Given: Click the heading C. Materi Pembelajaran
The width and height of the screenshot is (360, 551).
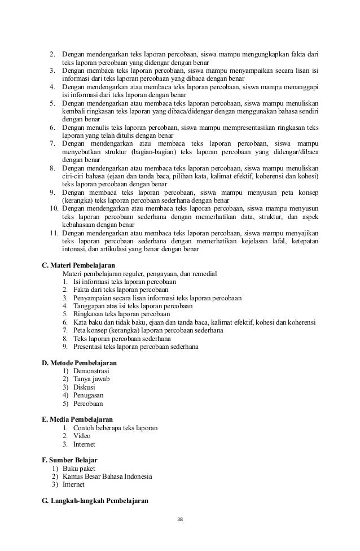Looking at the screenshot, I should coord(79,265).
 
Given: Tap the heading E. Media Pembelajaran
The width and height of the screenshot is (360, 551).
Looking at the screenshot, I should coord(77,419).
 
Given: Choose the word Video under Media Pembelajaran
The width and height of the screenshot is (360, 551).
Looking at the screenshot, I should coord(82,436).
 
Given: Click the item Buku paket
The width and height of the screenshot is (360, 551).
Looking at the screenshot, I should coord(79,469).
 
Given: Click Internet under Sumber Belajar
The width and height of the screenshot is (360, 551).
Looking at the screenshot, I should coord(73,484).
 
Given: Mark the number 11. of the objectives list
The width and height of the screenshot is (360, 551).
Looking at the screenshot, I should coord(54,233).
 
